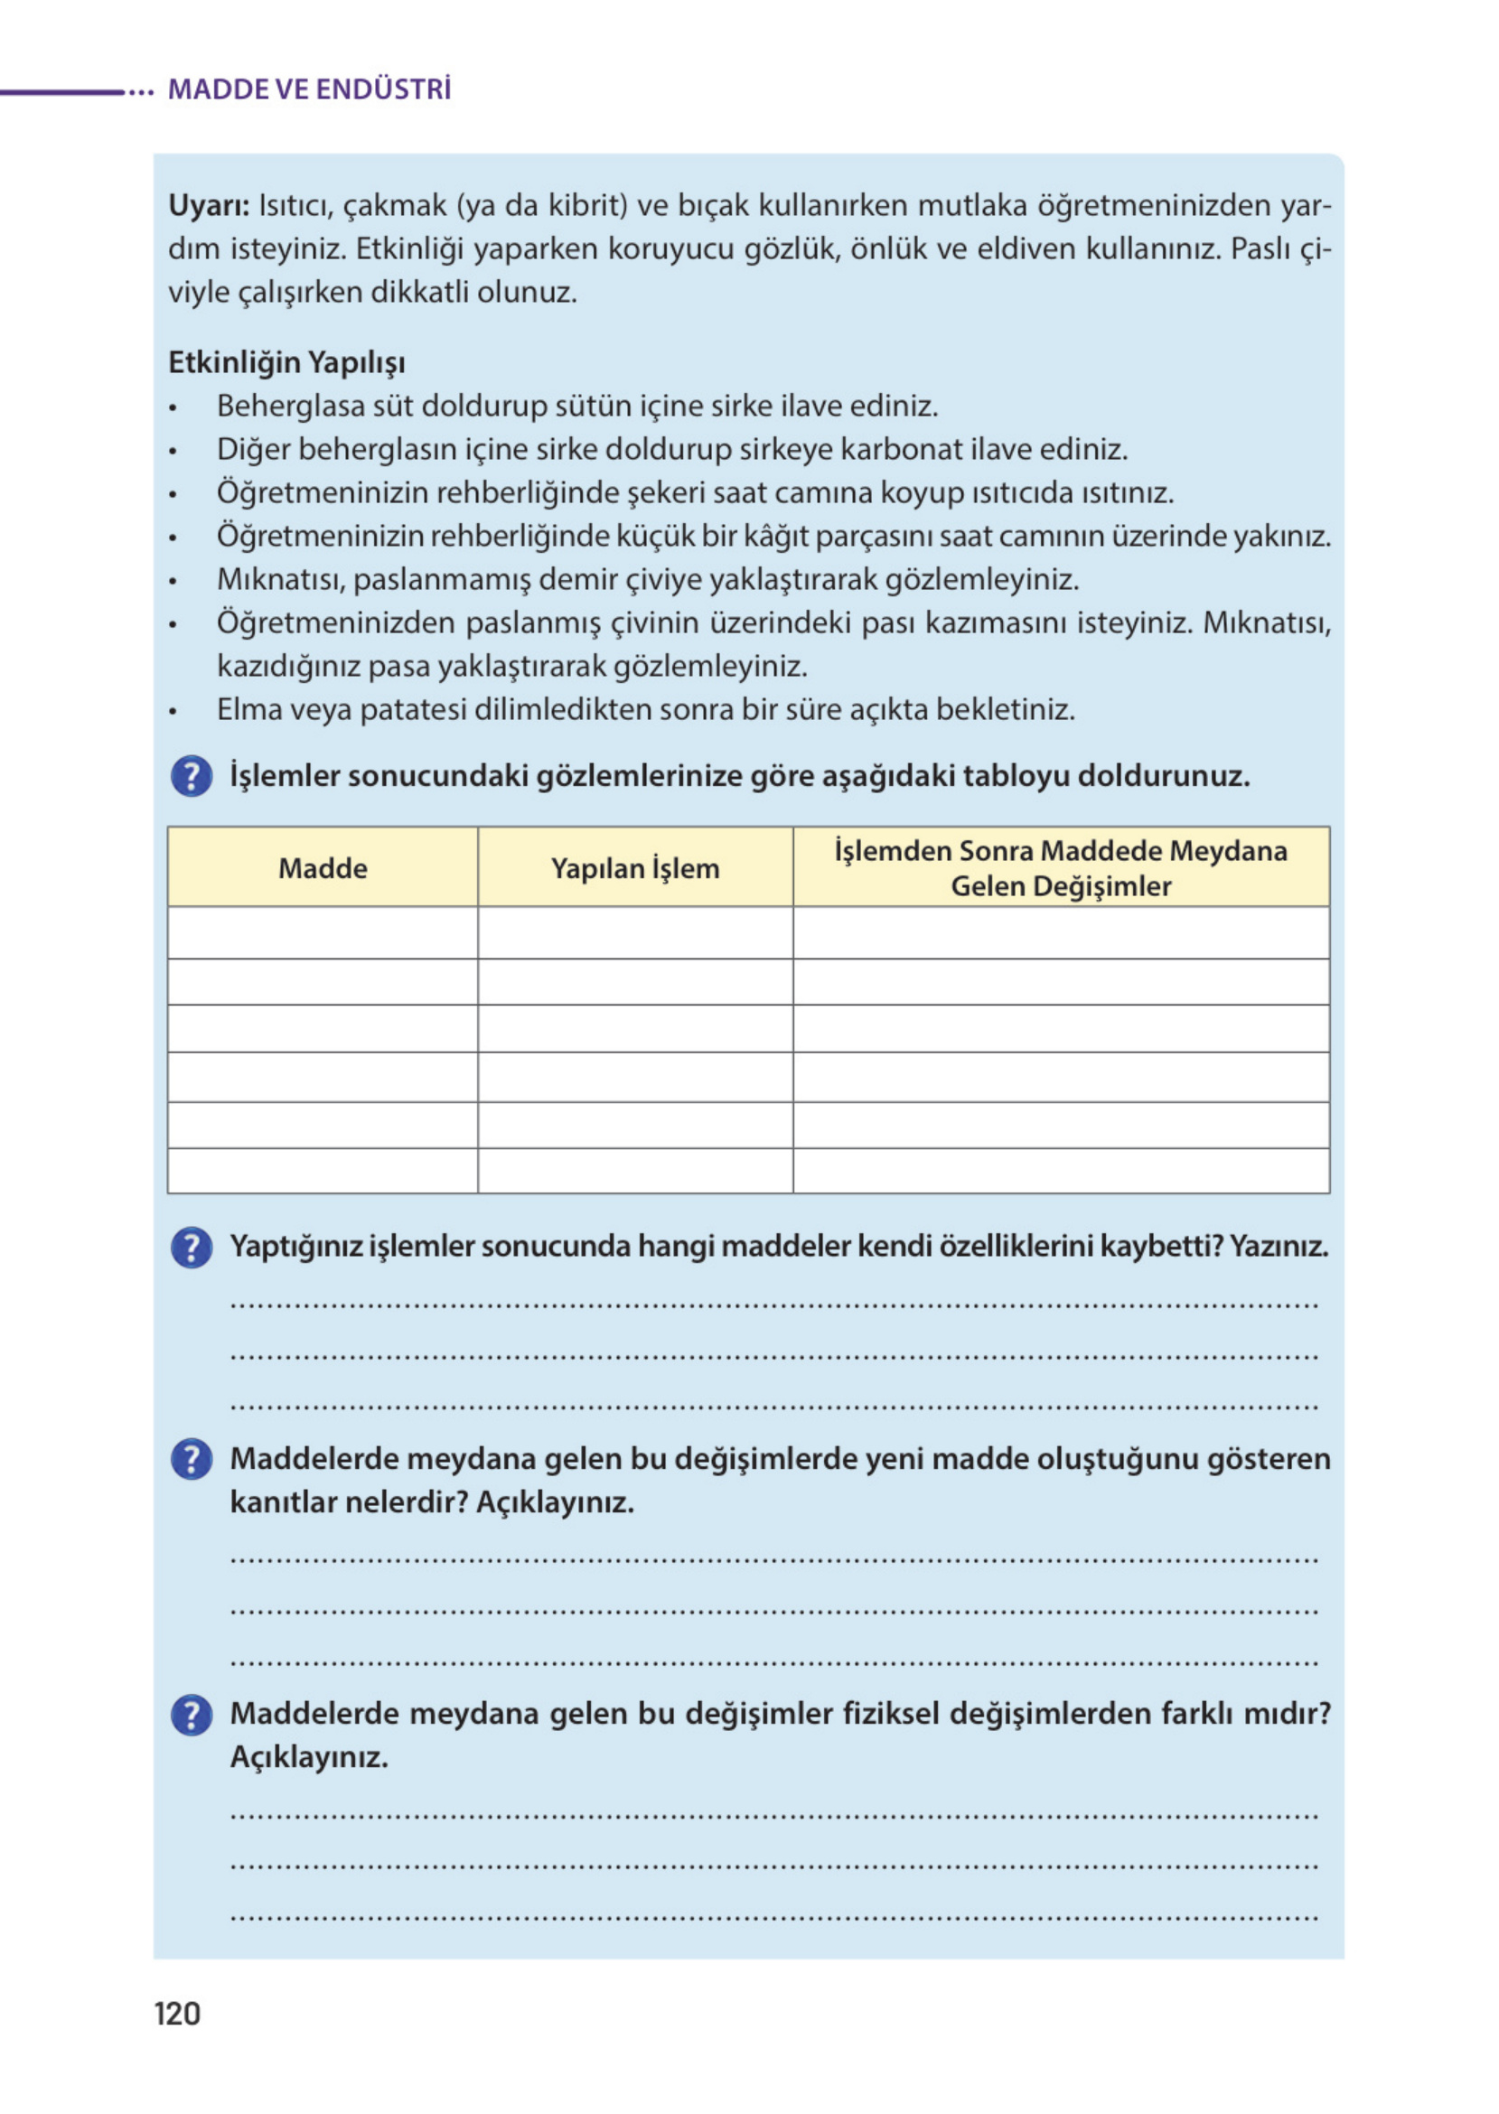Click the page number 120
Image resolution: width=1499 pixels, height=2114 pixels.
(177, 2013)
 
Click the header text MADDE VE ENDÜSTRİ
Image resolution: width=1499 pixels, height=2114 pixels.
(309, 89)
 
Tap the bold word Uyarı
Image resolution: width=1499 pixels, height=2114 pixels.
(208, 205)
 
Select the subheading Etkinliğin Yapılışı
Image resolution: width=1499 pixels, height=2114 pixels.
(286, 362)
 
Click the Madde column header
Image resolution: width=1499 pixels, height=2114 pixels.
(323, 868)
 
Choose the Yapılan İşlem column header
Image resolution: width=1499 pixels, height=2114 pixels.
(635, 868)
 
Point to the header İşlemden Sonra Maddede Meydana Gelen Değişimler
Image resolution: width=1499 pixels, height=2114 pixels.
(1061, 867)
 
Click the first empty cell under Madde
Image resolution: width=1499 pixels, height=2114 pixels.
(323, 932)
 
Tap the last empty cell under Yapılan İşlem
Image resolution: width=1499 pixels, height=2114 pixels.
(635, 1170)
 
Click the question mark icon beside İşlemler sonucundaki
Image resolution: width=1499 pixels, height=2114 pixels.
(192, 776)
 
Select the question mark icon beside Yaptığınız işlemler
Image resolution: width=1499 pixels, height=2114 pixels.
(192, 1248)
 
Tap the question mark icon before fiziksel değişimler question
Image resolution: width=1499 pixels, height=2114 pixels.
(192, 1715)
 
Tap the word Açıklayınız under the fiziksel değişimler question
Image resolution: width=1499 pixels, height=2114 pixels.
(309, 1757)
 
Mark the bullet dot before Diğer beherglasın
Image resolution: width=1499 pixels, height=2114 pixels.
(173, 452)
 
